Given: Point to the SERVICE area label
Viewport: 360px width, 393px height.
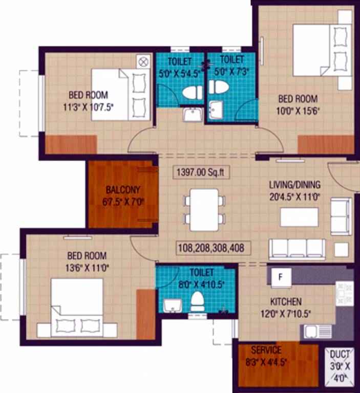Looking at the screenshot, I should point(266,351).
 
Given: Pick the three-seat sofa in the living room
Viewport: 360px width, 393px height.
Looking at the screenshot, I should point(297,248).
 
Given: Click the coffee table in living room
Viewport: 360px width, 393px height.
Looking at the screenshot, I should point(299,217).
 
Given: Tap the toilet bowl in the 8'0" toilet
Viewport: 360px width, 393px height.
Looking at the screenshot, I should point(197,301).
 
